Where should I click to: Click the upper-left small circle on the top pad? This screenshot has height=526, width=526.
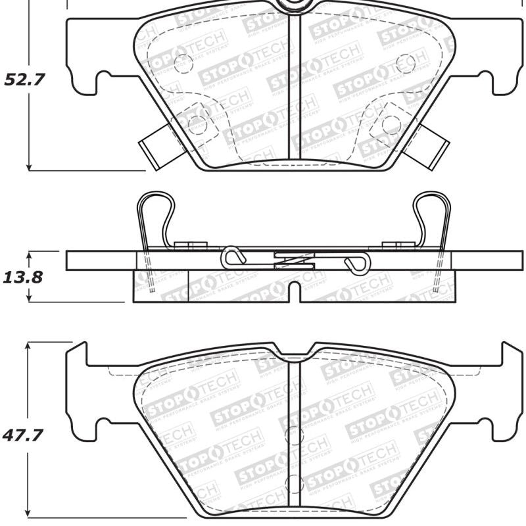point(183,64)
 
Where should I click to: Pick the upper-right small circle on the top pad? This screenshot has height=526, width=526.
point(406,64)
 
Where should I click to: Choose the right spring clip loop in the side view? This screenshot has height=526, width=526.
point(432,217)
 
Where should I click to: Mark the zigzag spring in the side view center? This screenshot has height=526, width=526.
point(293,261)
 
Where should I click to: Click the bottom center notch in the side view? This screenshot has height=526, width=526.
point(295,293)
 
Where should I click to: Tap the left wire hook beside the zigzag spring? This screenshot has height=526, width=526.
point(234,257)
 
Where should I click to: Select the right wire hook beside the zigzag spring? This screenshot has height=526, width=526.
point(356,262)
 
